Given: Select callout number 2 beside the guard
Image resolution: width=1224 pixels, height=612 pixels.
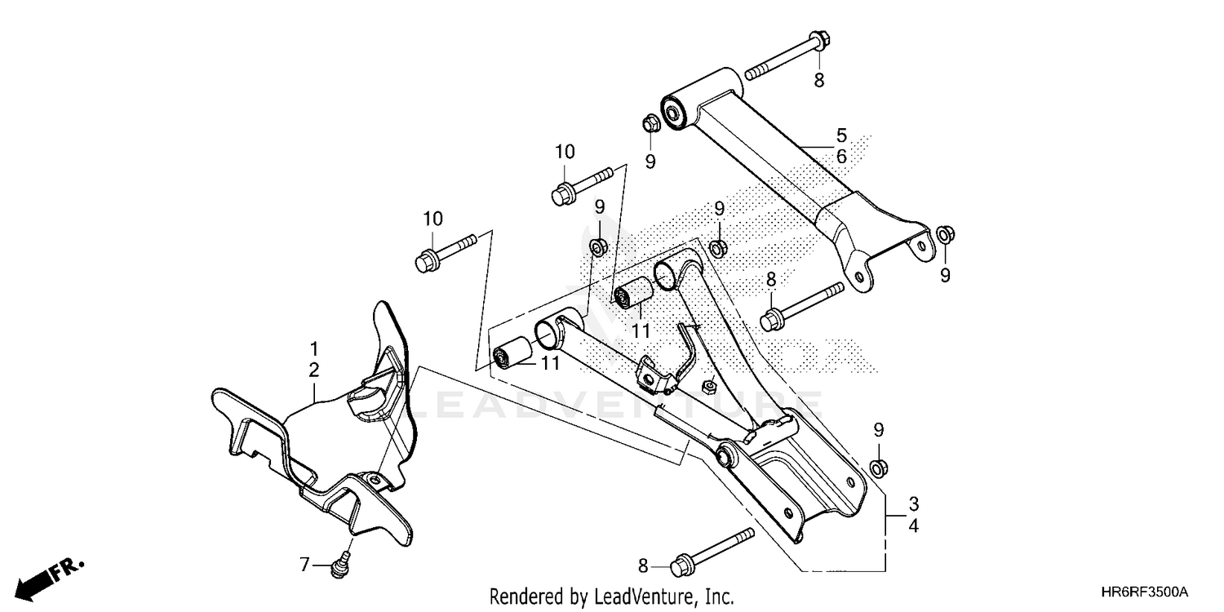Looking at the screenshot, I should [314, 370].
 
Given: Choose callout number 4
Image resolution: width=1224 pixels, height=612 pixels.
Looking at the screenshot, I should [914, 527].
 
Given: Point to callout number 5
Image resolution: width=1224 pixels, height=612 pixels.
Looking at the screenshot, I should [841, 134].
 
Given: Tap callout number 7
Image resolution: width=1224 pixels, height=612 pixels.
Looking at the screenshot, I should [304, 564].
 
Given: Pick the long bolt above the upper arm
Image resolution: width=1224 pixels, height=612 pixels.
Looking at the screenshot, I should [787, 55].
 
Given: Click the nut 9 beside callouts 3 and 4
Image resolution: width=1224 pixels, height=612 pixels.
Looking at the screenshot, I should [879, 468].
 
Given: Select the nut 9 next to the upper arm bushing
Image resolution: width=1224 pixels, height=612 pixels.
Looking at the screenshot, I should [650, 125].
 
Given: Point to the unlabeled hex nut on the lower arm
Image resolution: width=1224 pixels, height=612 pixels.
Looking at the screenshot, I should [708, 385].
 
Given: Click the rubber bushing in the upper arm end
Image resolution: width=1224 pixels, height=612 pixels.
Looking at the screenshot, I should [675, 112].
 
